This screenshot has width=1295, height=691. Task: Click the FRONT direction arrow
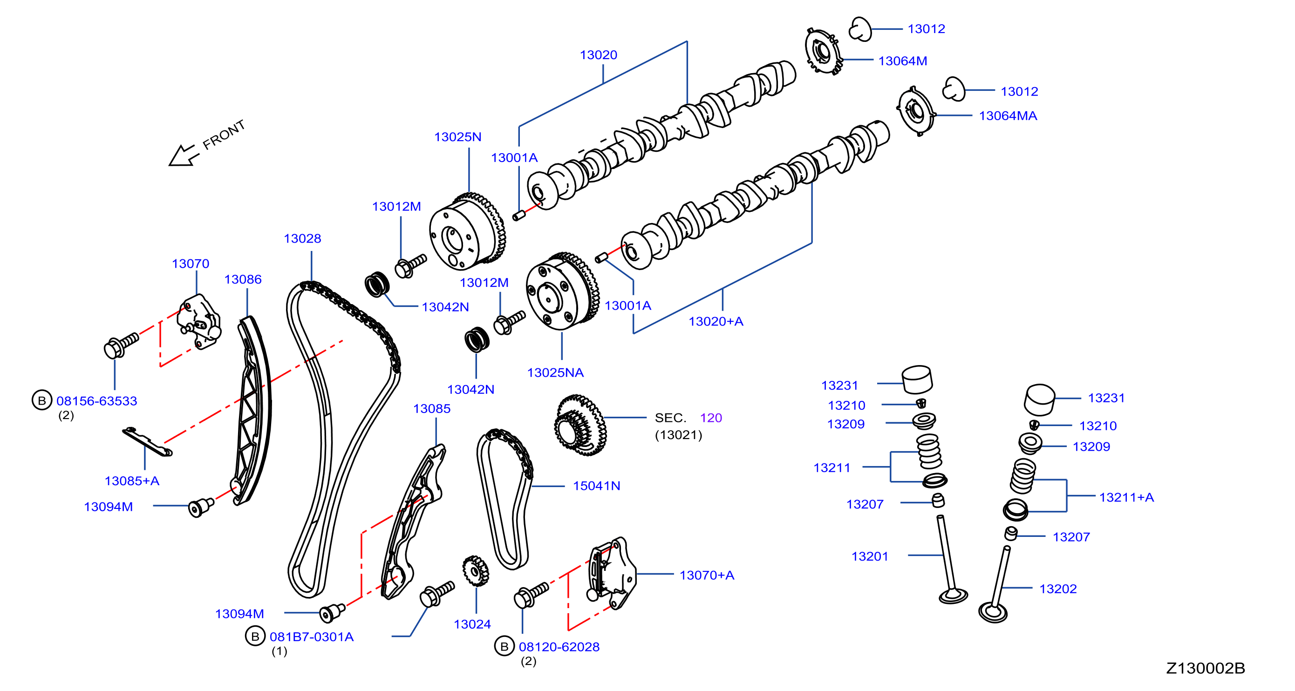pyautogui.click(x=183, y=155)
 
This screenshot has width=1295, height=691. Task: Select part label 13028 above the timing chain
pyautogui.click(x=302, y=239)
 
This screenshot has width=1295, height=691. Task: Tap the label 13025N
pyautogui.click(x=457, y=137)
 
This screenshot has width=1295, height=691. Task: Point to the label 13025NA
pyautogui.click(x=555, y=373)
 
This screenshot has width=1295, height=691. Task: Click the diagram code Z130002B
pyautogui.click(x=1205, y=668)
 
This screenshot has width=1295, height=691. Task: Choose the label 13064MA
pyautogui.click(x=1008, y=116)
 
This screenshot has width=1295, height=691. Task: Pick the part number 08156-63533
pyautogui.click(x=96, y=401)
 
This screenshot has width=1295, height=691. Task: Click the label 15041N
pyautogui.click(x=596, y=486)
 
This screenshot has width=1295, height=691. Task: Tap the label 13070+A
pyautogui.click(x=707, y=576)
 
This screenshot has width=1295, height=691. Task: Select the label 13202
pyautogui.click(x=1058, y=589)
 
